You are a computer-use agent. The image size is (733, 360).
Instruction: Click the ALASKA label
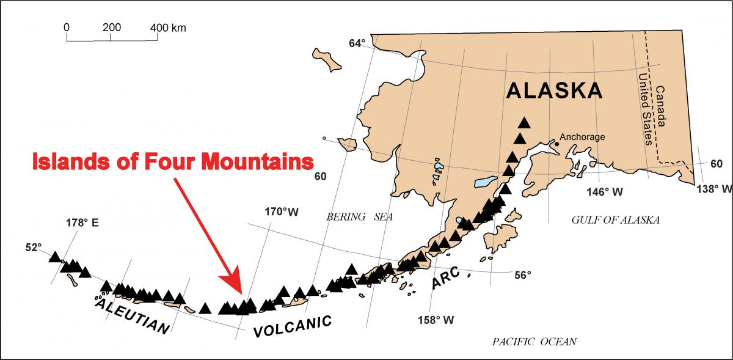coord(555,90)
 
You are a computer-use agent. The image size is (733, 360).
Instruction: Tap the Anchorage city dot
coord(556,144)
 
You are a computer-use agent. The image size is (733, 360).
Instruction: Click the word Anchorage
coord(582,137)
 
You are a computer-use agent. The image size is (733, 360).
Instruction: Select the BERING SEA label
coord(359,216)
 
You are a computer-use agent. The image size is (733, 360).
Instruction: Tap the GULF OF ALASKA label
coord(615,220)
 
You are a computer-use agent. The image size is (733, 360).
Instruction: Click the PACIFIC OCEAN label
coord(534,342)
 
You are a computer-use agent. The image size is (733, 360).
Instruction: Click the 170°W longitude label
coord(282,212)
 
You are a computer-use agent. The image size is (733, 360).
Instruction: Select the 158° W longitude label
coord(436,320)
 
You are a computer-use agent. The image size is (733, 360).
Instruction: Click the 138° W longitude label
coord(713,189)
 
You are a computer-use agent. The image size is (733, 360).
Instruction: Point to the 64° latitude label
coord(357,43)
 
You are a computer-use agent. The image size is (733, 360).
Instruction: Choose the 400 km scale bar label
coord(169,28)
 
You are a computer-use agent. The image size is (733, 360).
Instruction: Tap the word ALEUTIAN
coord(132,315)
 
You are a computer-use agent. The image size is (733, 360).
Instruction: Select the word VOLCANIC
coord(293,326)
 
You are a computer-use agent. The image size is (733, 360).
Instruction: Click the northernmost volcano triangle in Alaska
coord(523,122)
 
